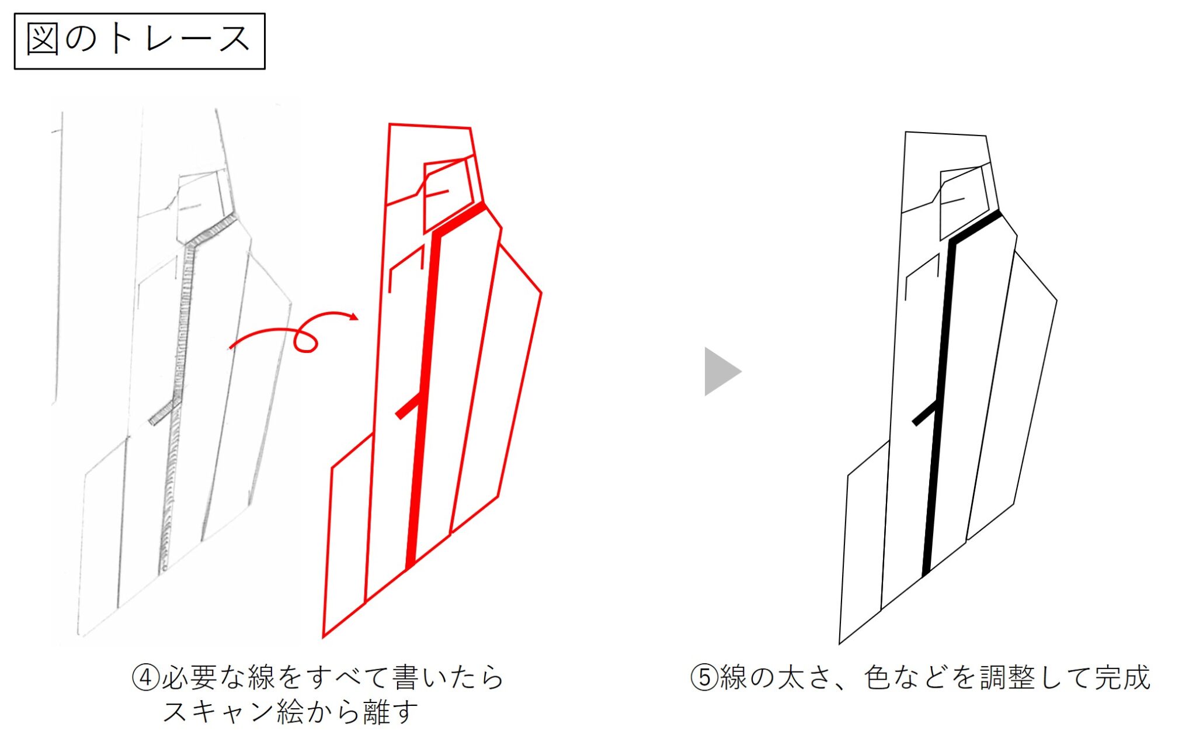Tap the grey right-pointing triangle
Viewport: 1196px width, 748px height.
(723, 372)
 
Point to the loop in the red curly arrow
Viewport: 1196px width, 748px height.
(305, 340)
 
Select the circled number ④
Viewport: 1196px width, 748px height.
(145, 678)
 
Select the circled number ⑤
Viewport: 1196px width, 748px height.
(704, 678)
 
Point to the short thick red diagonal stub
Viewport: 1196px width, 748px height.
(408, 406)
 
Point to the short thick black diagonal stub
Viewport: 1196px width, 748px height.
(925, 413)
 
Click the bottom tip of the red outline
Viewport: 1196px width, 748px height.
(323, 636)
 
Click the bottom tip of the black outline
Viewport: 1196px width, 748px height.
(839, 644)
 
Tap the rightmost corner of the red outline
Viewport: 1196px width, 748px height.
(541, 293)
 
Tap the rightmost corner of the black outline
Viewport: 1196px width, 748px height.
(1057, 301)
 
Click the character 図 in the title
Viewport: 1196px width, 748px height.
(43, 40)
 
